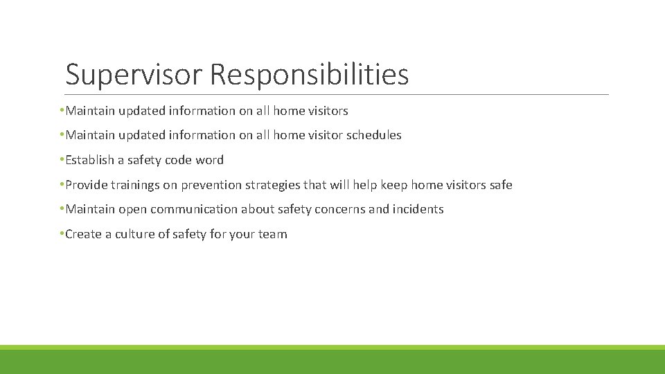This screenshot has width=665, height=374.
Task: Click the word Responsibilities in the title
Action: tap(310, 75)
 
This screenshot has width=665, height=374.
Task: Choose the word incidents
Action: tap(418, 209)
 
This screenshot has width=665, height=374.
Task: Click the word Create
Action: tap(83, 234)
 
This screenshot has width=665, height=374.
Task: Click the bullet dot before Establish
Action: tap(62, 159)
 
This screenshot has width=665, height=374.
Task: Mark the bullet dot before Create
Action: tap(62, 233)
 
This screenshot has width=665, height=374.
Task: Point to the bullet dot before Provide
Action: tap(62, 184)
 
